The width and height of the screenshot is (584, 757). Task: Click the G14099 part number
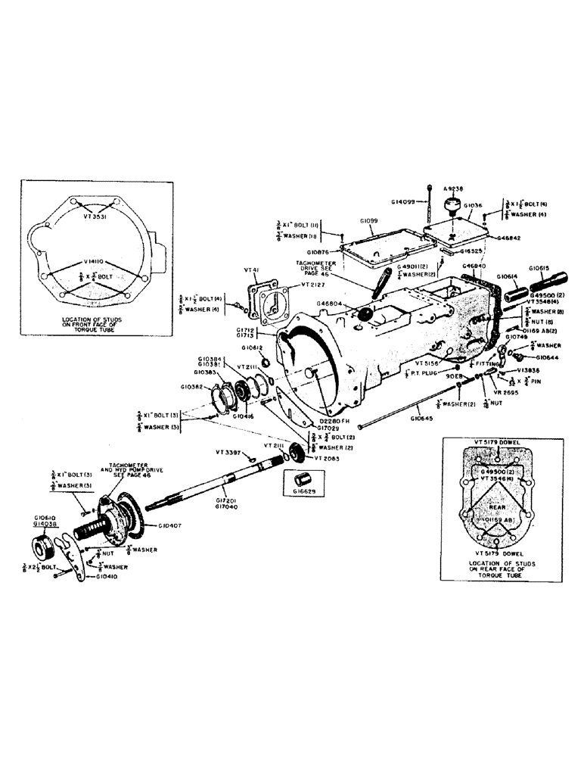point(405,201)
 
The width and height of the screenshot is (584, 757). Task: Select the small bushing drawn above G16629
point(301,478)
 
